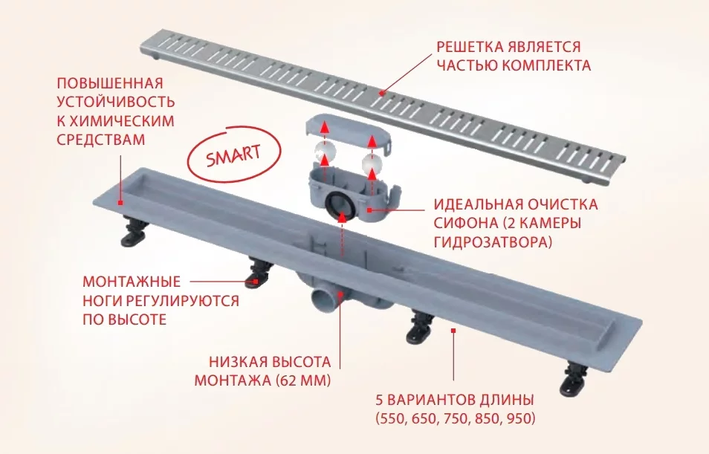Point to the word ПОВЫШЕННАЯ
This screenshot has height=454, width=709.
(110, 84)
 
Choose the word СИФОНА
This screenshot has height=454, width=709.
(464, 223)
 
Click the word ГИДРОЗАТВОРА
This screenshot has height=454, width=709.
(493, 241)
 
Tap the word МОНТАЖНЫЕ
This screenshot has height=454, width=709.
(132, 282)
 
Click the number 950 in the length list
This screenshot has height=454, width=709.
(520, 419)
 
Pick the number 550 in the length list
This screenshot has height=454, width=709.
(392, 419)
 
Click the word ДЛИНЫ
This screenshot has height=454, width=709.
(507, 401)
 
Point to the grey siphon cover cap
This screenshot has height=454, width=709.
(348, 132)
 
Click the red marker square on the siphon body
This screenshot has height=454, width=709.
(370, 210)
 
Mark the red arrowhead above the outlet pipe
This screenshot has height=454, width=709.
(343, 218)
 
